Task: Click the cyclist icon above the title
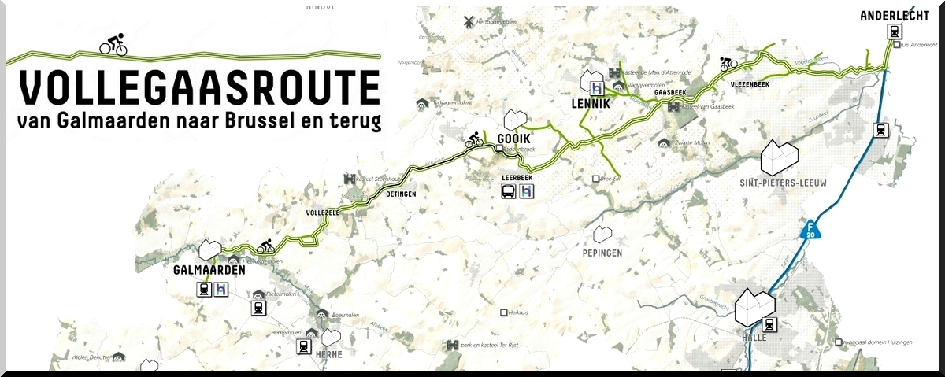coord(113,45)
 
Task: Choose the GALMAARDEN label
coord(209,270)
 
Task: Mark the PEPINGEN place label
coord(603,253)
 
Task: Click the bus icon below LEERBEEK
coord(508,191)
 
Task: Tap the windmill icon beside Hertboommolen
coord(469,21)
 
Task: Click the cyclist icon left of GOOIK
coord(473,140)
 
